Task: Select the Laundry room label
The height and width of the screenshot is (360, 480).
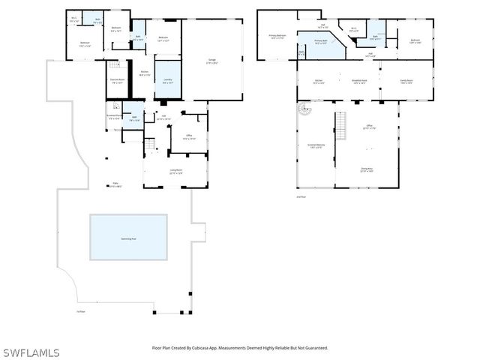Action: click(x=167, y=81)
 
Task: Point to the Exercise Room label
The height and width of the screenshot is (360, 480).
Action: click(x=117, y=80)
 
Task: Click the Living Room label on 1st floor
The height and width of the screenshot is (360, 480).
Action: click(x=175, y=172)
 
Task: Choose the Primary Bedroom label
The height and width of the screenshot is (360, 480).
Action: click(x=277, y=36)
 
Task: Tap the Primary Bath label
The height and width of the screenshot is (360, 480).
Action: click(x=320, y=43)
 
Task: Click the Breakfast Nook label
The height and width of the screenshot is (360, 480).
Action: click(x=359, y=81)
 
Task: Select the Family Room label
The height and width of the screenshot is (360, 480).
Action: click(x=406, y=81)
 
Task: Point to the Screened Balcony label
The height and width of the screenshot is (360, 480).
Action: click(x=316, y=145)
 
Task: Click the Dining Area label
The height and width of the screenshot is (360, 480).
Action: click(x=367, y=170)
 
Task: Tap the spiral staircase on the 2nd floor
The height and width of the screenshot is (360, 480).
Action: click(x=303, y=109)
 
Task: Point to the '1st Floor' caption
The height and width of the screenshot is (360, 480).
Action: click(x=80, y=311)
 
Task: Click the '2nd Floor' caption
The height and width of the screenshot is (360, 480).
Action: click(x=301, y=196)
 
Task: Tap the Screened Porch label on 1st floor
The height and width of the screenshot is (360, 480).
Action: click(x=114, y=116)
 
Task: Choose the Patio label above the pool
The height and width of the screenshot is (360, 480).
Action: click(x=116, y=185)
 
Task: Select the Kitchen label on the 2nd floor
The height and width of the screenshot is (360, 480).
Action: click(x=318, y=81)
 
